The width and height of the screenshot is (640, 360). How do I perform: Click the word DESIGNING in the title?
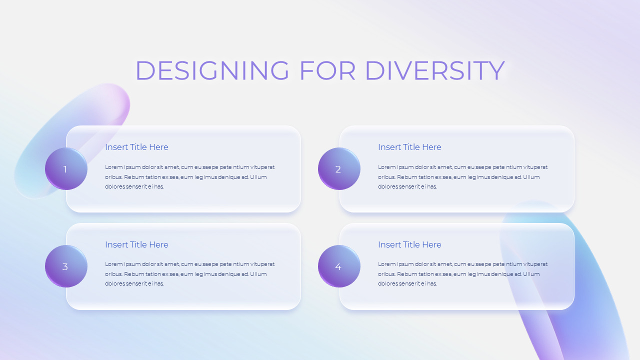(212, 70)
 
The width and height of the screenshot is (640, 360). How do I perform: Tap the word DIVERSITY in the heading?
(434, 70)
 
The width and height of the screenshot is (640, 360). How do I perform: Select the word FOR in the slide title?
(327, 70)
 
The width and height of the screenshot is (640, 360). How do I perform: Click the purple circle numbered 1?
(66, 169)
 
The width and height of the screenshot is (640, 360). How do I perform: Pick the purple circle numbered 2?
(339, 169)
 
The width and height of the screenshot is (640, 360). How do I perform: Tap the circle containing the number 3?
(66, 266)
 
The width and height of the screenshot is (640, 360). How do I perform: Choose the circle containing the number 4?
(339, 266)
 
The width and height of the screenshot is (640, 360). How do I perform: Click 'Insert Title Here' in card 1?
(136, 147)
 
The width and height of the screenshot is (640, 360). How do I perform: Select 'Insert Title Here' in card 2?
(409, 147)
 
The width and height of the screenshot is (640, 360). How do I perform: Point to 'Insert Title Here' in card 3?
(136, 244)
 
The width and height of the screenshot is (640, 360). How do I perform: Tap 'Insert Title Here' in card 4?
(409, 244)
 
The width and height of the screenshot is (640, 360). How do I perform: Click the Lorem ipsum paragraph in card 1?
(189, 177)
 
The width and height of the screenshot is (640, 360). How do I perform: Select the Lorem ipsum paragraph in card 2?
(462, 177)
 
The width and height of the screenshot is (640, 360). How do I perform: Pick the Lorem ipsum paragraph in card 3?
(189, 274)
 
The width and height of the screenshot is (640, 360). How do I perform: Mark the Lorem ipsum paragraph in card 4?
(462, 274)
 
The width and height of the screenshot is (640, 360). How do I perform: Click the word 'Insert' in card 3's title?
(116, 244)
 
